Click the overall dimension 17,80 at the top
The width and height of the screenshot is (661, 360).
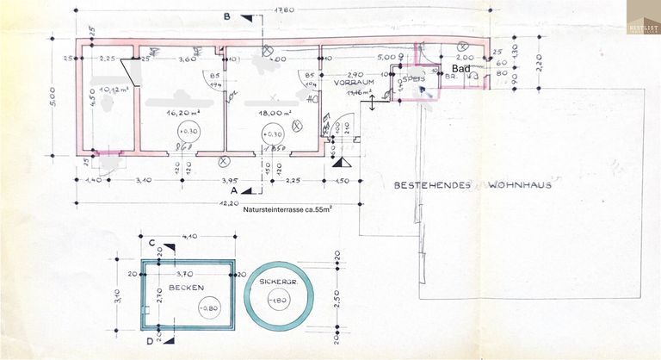tap(285, 9)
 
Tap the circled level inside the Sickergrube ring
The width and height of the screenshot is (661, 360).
tap(277, 300)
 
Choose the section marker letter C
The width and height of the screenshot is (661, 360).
tap(151, 243)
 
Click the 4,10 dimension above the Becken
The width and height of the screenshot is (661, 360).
tap(190, 236)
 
